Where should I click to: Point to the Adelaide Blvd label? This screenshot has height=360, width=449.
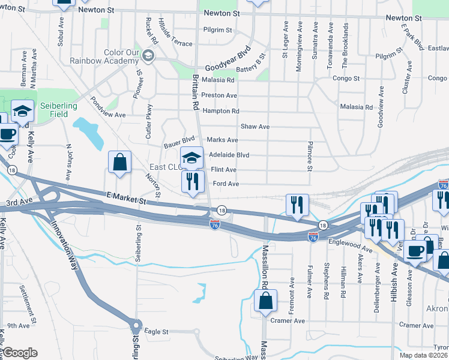[x=228, y=155]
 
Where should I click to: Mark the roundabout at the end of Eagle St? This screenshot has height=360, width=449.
[x=136, y=327]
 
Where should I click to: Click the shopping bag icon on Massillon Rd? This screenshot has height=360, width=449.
[x=265, y=301]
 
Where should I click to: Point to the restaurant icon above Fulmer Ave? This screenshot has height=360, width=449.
[x=297, y=206]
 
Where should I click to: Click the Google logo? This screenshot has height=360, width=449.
[x=20, y=353]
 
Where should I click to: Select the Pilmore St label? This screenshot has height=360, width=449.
[x=310, y=155]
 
